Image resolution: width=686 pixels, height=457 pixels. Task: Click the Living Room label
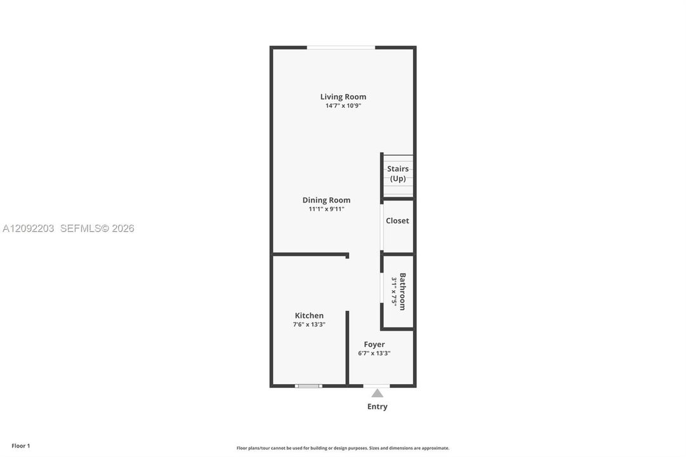pyautogui.click(x=343, y=96)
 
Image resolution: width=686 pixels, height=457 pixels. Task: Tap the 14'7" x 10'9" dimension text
pyautogui.click(x=343, y=105)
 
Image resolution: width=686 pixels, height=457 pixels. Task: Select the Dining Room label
pyautogui.click(x=326, y=200)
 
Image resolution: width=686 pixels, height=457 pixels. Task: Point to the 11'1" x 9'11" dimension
pyautogui.click(x=326, y=209)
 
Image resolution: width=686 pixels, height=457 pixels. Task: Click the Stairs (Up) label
pyautogui.click(x=398, y=173)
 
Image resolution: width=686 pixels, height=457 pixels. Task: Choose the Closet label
pyautogui.click(x=397, y=221)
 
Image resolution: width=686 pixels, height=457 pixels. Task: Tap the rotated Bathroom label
pyautogui.click(x=402, y=291)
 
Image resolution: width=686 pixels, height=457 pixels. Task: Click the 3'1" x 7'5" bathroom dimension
pyautogui.click(x=394, y=291)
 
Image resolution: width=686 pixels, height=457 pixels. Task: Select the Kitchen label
pyautogui.click(x=309, y=315)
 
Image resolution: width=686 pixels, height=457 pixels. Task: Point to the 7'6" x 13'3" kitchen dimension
pyautogui.click(x=309, y=324)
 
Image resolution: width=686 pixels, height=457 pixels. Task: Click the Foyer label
pyautogui.click(x=374, y=345)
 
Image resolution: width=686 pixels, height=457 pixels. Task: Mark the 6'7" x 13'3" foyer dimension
pyautogui.click(x=374, y=354)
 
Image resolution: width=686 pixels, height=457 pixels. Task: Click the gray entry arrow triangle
pyautogui.click(x=377, y=393)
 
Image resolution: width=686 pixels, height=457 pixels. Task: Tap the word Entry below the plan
pyautogui.click(x=377, y=406)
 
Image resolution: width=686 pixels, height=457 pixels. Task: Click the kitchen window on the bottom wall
pyautogui.click(x=308, y=386)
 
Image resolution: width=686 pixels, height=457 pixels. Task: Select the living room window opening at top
pyautogui.click(x=341, y=47)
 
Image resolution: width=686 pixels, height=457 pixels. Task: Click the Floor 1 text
pyautogui.click(x=20, y=446)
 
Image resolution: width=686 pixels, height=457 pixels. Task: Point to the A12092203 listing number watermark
pyautogui.click(x=29, y=228)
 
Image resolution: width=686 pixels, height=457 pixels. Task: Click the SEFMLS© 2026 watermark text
pyautogui.click(x=97, y=228)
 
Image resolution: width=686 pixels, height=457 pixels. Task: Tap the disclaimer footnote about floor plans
pyautogui.click(x=343, y=448)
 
